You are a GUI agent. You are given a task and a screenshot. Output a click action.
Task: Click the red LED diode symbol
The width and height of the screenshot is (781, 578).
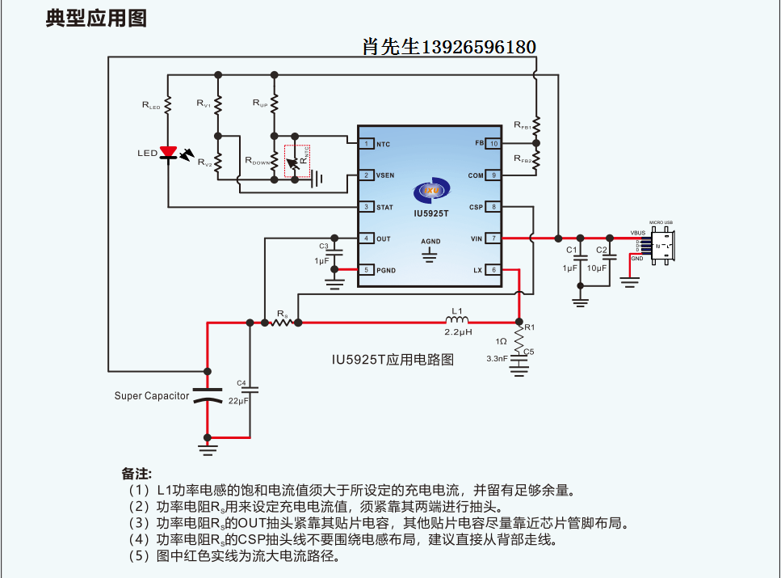[x=168, y=152]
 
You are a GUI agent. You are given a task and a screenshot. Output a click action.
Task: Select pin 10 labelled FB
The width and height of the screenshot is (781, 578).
[x=493, y=143]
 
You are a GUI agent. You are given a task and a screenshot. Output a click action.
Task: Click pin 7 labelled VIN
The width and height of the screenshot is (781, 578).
[x=493, y=238]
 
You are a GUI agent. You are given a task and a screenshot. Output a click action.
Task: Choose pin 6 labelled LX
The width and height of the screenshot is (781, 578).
[x=493, y=270]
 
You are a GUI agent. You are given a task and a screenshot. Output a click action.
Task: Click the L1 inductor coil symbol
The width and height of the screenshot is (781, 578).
[x=457, y=321]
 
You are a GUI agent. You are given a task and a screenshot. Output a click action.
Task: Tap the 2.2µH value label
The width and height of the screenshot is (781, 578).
[x=457, y=332]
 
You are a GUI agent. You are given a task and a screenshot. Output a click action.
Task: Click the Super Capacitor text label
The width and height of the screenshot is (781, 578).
[x=152, y=396]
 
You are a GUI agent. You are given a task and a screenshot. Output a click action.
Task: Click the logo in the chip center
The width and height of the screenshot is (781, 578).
[x=430, y=191]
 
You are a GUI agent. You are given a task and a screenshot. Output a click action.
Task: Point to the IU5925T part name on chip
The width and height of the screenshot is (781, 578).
[x=430, y=214]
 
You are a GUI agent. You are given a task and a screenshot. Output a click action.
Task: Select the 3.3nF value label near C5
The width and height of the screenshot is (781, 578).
[x=497, y=358]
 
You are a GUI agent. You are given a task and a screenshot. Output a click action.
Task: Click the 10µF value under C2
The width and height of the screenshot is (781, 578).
[x=598, y=268]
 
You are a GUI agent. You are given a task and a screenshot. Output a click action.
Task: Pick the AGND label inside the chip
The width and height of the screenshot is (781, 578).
[x=430, y=242]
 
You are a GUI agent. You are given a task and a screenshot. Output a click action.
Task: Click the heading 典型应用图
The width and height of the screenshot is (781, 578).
[x=96, y=19]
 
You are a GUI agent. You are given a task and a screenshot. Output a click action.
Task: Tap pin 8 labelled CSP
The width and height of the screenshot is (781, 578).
[x=493, y=207]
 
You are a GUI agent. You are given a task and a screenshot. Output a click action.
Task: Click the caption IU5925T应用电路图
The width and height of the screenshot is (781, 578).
[x=392, y=359]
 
